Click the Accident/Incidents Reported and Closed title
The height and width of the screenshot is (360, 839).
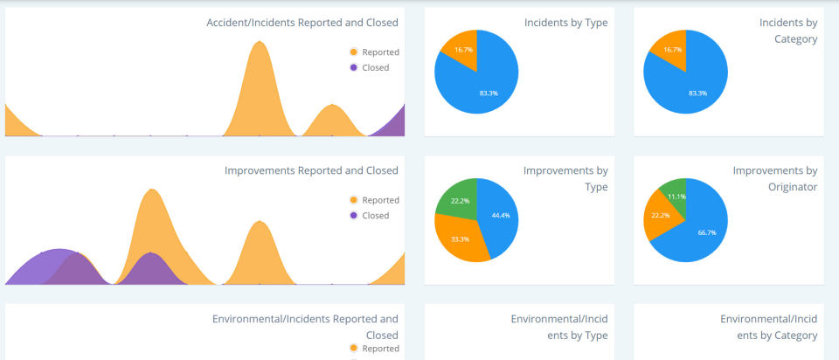coord(302,23)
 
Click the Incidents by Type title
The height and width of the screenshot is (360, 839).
coord(565,23)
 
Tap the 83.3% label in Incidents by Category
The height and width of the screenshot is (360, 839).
coord(697,93)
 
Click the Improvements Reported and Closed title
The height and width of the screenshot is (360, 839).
coord(311,170)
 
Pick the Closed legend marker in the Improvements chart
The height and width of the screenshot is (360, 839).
coord(353,215)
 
